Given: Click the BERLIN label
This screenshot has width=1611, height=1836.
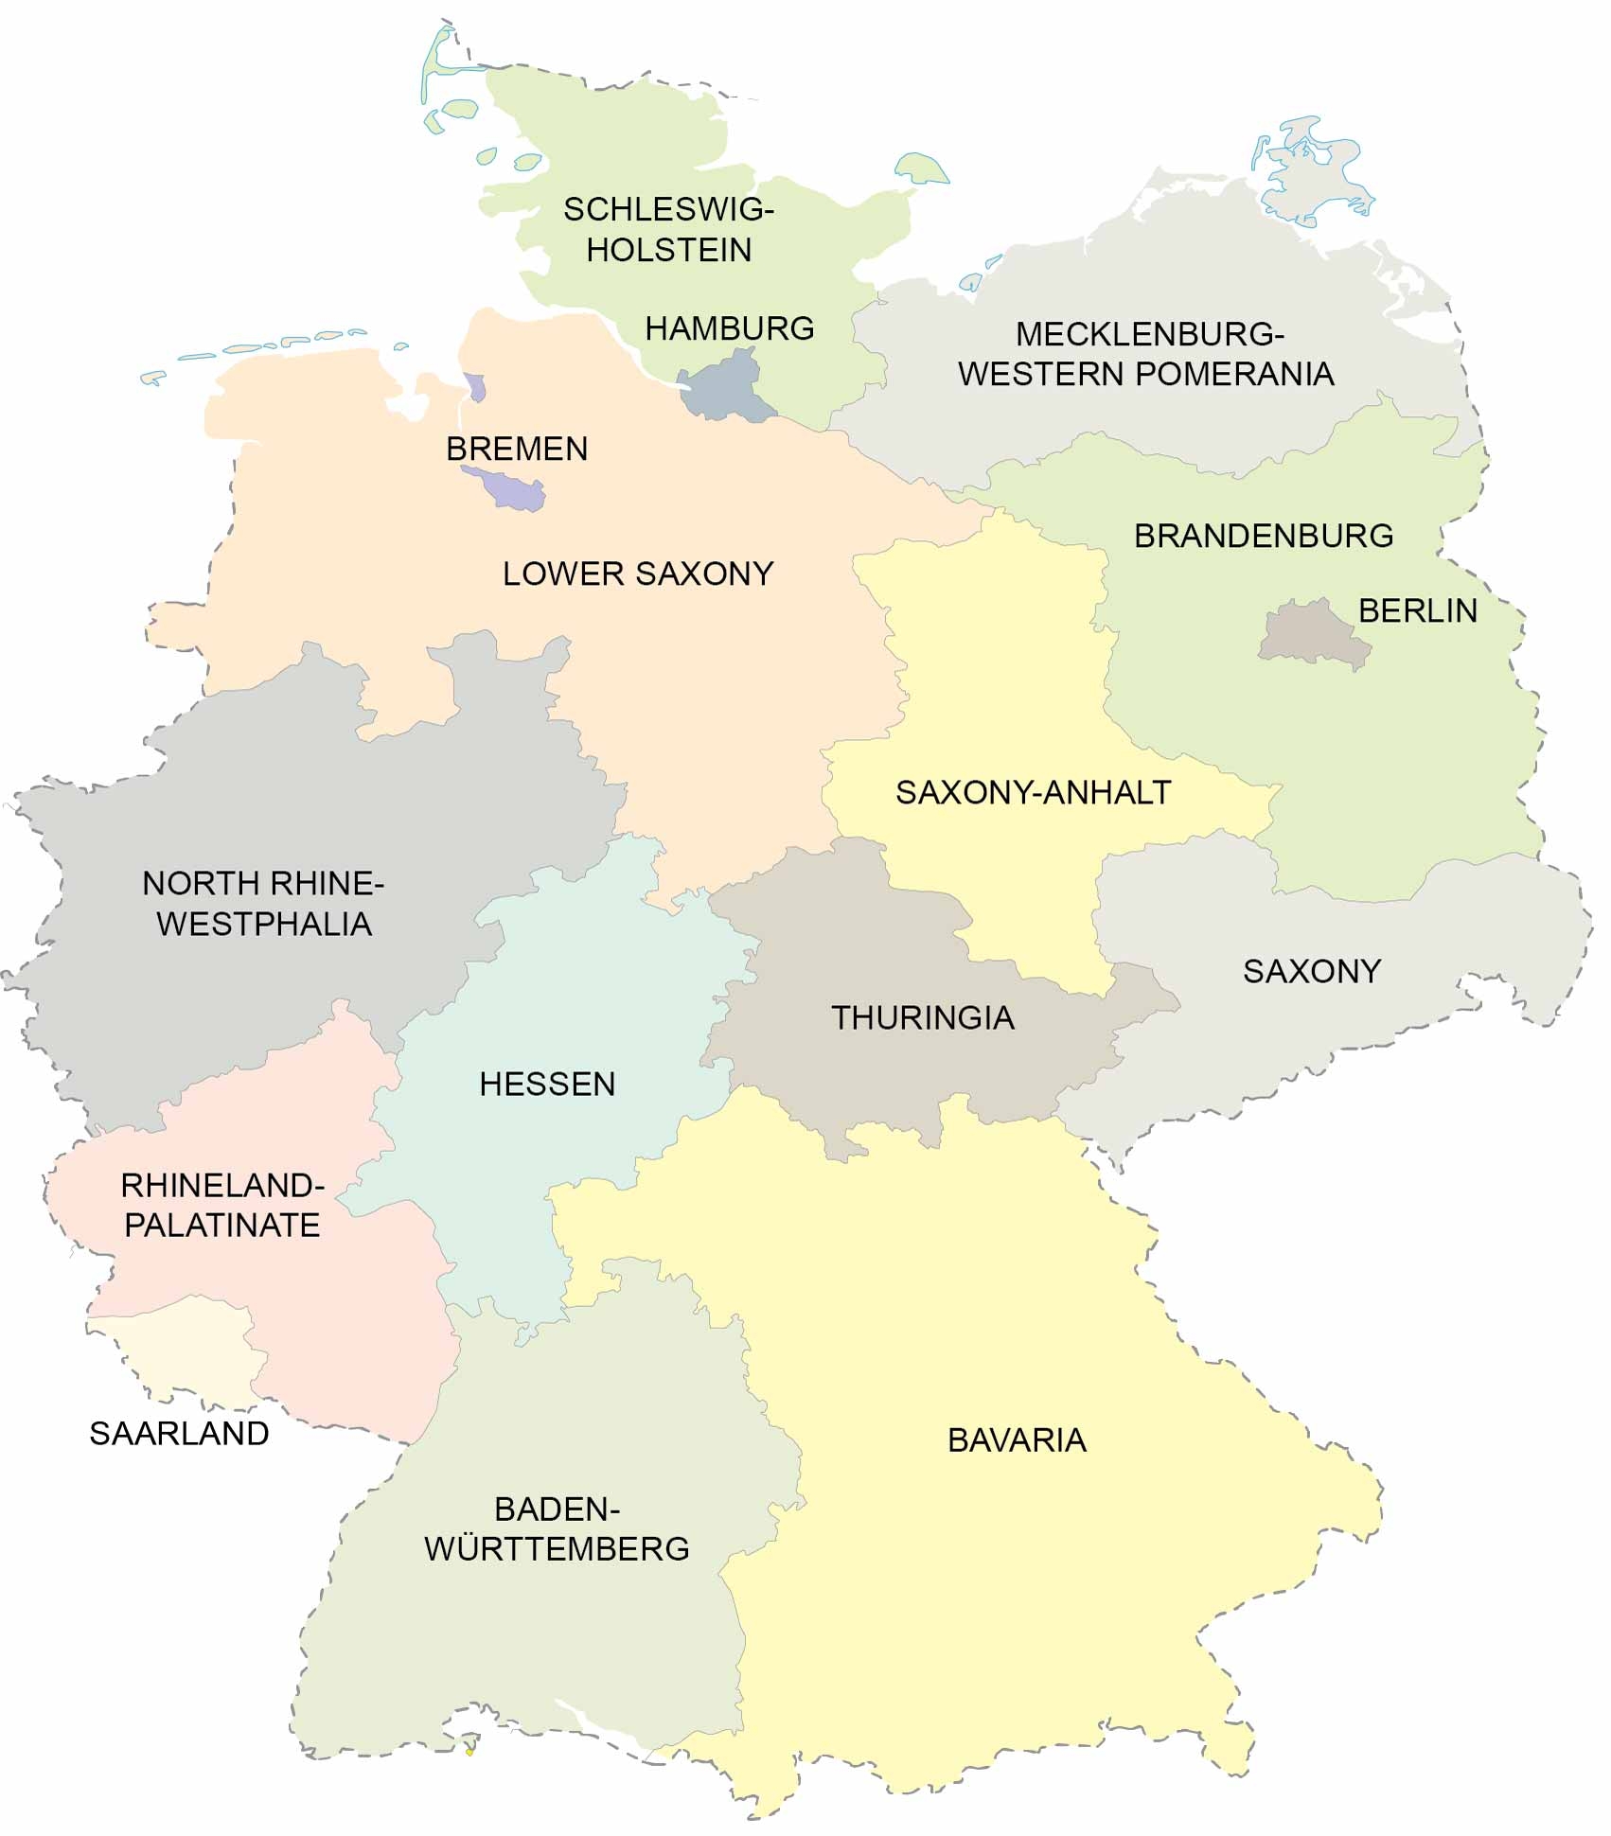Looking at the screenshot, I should point(1417,610).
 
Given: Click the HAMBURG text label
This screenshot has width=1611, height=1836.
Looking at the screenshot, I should point(729,328).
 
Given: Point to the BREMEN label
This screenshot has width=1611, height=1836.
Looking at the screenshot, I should point(517,449).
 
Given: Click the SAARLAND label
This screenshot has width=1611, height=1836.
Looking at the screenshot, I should point(179,1433).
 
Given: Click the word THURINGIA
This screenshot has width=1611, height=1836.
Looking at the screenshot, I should point(922,1017).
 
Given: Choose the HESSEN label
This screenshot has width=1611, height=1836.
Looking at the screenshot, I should point(547,1084).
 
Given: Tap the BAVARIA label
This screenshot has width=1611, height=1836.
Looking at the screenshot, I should point(1017,1439).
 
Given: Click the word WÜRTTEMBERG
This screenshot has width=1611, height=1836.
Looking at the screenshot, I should point(557,1548).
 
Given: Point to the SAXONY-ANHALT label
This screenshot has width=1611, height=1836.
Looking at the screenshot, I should point(1033,792).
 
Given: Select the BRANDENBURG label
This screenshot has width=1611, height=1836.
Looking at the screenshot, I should point(1263,536).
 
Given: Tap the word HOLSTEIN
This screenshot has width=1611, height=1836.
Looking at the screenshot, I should point(668,250).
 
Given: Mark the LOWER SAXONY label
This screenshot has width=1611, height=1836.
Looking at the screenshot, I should point(637,574).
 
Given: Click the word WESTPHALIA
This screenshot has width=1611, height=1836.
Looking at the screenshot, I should point(263,923).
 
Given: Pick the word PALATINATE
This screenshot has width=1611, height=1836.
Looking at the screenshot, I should point(222,1225).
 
